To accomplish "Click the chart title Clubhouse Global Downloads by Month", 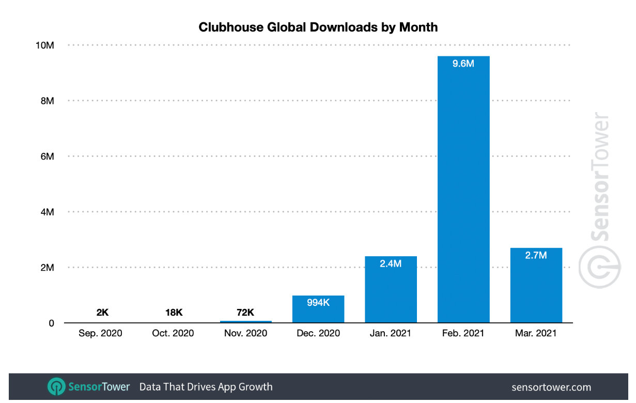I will (x=318, y=27).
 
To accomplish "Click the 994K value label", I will (x=318, y=303).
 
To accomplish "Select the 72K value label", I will (x=246, y=313).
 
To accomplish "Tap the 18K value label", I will (x=174, y=313).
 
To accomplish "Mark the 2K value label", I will (x=102, y=313).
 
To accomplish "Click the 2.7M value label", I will (x=536, y=255).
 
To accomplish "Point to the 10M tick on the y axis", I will (x=44, y=45).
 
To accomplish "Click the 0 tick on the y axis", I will (x=51, y=323).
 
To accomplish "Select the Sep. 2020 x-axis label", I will (x=101, y=333).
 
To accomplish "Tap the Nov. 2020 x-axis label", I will (x=246, y=333).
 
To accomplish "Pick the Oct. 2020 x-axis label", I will (x=174, y=333).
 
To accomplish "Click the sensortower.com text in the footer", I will (x=551, y=387).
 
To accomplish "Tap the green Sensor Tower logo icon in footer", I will (x=55, y=386).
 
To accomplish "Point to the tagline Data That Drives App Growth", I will (x=206, y=386).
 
